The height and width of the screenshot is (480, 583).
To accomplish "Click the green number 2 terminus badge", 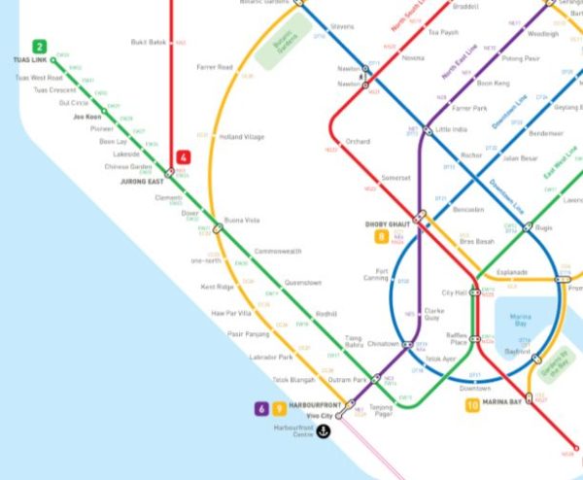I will click(x=40, y=46).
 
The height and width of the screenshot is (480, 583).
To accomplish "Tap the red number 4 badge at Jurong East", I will click(x=183, y=157).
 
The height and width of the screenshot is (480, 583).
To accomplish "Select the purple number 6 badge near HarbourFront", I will click(x=261, y=409).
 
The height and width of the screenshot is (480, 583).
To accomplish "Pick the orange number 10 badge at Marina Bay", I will click(x=472, y=405).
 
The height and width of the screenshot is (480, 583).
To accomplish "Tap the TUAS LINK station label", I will click(x=30, y=60).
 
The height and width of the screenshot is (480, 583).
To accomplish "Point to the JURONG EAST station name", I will click(x=141, y=181).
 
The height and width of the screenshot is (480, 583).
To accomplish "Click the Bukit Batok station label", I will click(x=151, y=43).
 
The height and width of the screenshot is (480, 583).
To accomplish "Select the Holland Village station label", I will click(x=242, y=137).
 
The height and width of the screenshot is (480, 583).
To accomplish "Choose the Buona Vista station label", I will click(x=242, y=220).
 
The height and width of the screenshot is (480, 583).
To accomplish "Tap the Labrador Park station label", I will click(x=270, y=359).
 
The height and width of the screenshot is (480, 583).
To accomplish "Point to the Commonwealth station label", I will click(x=278, y=252).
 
